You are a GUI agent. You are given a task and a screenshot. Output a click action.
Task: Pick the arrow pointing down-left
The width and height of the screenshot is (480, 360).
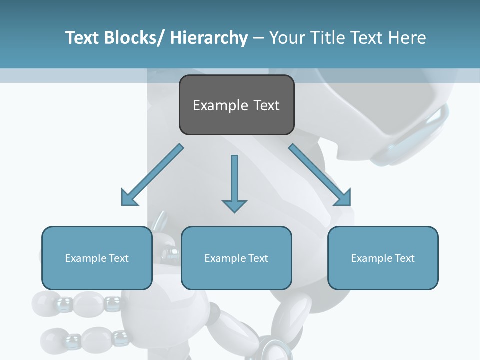point(152,175)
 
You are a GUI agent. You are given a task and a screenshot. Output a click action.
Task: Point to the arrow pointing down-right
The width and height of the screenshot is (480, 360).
point(320,175)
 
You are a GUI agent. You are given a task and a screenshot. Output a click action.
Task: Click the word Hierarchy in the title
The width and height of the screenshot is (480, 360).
point(208,38)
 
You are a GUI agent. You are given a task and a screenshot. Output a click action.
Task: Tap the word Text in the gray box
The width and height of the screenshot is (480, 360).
point(266,105)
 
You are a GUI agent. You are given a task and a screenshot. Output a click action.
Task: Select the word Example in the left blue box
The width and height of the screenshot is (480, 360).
point(86,258)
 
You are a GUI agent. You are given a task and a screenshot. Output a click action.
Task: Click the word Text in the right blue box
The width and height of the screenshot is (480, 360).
point(404,258)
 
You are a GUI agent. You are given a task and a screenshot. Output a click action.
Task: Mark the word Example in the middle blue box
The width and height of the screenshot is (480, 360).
point(225,258)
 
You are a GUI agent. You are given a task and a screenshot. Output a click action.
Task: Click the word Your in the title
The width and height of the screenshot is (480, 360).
point(286,38)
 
